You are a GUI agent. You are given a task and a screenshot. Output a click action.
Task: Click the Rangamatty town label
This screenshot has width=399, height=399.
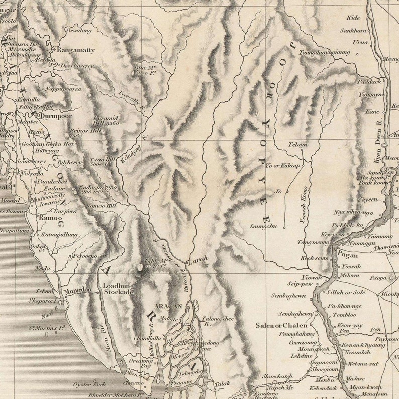pyautogui.click(x=76, y=50)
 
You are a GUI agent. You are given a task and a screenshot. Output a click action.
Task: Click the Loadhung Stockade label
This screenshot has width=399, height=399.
pyautogui.click(x=118, y=289)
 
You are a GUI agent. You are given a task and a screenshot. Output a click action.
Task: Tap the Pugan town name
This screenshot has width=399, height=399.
pyautogui.click(x=347, y=255)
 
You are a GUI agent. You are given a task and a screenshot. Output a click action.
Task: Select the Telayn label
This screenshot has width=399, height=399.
pyautogui.click(x=297, y=145)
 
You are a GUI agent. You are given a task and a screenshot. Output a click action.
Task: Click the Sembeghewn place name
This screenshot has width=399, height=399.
pyautogui.click(x=288, y=295)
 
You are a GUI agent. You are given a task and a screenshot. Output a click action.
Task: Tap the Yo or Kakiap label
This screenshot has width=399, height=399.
pyautogui.click(x=283, y=165)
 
